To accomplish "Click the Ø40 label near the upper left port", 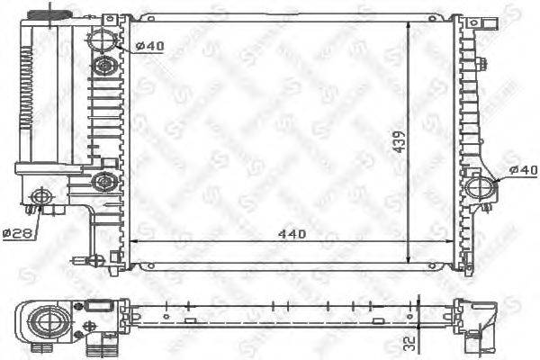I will [x=150, y=48].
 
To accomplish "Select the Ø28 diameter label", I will [x=17, y=233].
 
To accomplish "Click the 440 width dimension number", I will [x=292, y=233].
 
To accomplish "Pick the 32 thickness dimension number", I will [x=410, y=343].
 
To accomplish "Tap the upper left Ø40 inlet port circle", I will [x=103, y=40].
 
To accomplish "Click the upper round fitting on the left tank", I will [x=105, y=66].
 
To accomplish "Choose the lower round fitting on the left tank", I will [x=105, y=181].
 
